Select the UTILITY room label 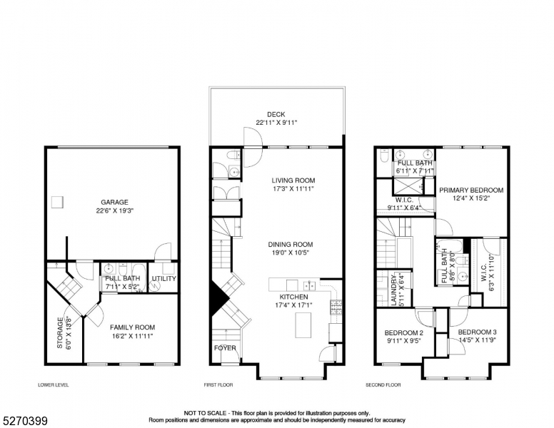[163, 278]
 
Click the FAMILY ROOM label [132, 327]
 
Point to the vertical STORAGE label [60, 332]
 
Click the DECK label [276, 114]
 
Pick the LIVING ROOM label [293, 180]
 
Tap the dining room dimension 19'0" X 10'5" [291, 253]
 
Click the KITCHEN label [293, 296]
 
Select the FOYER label [225, 348]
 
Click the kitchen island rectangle [306, 325]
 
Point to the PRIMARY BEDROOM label [471, 190]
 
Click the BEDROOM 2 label [404, 333]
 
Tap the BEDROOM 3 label [478, 333]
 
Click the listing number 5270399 [24, 421]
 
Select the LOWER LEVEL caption [54, 385]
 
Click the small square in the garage [58, 202]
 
